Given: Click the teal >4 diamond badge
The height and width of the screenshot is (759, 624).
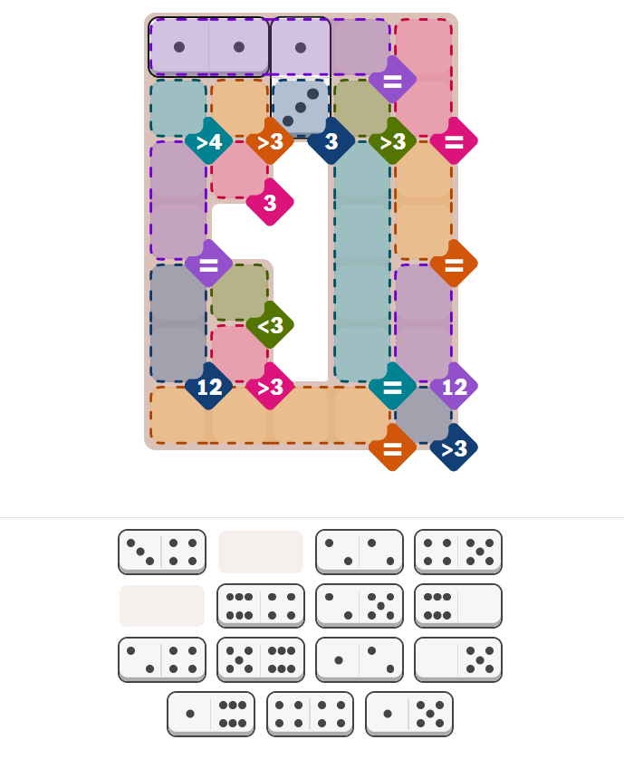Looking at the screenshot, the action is (208, 141).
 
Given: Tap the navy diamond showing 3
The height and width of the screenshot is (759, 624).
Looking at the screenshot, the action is (331, 141).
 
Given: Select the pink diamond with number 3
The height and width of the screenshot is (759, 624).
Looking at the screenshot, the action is (270, 202).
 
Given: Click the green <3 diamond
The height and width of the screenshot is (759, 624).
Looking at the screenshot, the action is (270, 325).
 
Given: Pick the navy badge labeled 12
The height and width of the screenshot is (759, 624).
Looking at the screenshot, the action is (208, 386).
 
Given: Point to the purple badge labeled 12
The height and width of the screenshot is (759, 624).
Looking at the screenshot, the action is (454, 386).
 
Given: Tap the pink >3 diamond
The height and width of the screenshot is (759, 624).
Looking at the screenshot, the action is (270, 386).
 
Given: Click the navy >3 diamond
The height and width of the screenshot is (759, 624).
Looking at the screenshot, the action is (454, 447).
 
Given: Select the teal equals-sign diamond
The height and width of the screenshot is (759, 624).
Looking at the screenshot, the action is (392, 386).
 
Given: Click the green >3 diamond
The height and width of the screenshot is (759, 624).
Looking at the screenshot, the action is (392, 141).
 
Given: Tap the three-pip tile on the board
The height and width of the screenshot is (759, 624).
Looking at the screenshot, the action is (301, 108).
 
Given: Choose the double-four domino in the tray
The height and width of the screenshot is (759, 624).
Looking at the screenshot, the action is (311, 714).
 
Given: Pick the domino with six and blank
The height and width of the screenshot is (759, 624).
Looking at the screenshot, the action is (458, 606).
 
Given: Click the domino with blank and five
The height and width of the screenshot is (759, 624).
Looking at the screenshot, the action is (458, 659).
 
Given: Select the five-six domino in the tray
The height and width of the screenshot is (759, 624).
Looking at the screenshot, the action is (261, 659).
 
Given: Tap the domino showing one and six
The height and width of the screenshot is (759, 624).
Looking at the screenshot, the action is (211, 714).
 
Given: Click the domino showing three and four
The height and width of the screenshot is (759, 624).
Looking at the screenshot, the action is (162, 552).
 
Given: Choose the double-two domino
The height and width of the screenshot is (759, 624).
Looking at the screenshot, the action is (360, 552).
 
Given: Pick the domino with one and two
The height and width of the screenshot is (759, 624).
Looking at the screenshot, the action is (360, 659).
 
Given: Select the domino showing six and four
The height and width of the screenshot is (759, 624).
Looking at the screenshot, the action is (261, 606).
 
